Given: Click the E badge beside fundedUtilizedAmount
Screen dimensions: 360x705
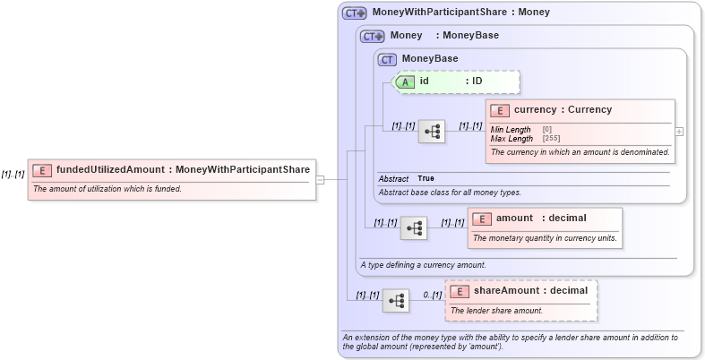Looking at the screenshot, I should click(x=42, y=169).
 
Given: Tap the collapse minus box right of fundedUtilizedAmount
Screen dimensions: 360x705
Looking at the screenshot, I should click(x=320, y=179).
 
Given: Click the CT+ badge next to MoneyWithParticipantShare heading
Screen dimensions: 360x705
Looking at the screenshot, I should click(x=355, y=13).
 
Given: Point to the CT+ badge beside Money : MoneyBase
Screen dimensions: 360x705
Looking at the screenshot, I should click(x=372, y=36).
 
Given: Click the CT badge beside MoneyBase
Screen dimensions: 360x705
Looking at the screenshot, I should click(x=387, y=59).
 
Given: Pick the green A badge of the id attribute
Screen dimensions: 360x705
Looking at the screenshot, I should click(x=405, y=81).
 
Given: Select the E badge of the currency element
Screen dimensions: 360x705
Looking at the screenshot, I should click(x=500, y=110).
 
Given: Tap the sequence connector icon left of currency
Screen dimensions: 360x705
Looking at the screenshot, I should click(x=433, y=131).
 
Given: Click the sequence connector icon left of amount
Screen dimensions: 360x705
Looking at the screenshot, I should click(x=415, y=228).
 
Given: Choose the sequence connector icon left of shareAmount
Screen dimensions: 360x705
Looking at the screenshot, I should click(x=395, y=300).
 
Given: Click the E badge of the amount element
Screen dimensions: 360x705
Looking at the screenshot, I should click(x=482, y=219).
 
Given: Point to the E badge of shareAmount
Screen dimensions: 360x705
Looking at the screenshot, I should click(x=460, y=291).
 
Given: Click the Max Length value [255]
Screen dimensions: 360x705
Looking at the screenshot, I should click(x=551, y=139).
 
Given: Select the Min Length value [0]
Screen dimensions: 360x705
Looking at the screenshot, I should click(x=546, y=130).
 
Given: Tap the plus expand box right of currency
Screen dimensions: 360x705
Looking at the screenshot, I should click(x=678, y=131).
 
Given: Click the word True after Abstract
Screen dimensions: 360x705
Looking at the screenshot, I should click(x=426, y=179).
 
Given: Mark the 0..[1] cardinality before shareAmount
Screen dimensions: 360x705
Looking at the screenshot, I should click(x=432, y=295).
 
